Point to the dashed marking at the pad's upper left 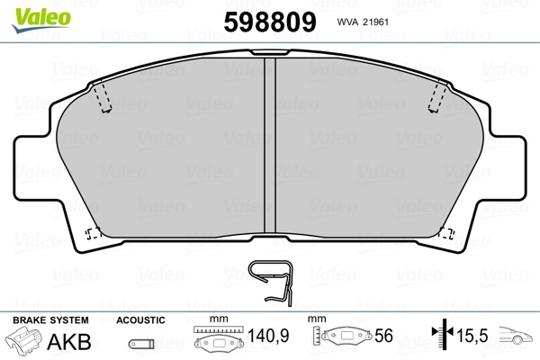click(x=102, y=97)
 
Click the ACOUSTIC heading click(x=139, y=320)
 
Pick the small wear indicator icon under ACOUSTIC click(x=139, y=343)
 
